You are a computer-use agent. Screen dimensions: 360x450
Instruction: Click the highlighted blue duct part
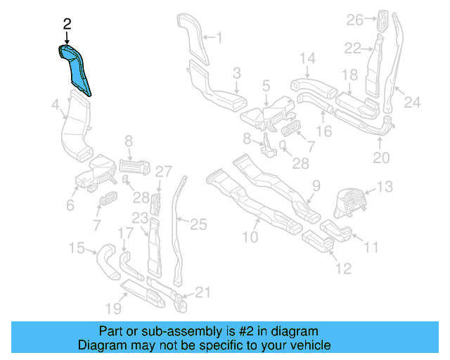point(75,69)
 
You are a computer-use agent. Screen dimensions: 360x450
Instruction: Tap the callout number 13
point(385,186)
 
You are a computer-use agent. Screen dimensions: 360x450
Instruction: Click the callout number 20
point(380,158)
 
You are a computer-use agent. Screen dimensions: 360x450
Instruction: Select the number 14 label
point(308,58)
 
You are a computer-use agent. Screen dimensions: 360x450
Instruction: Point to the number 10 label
point(250,238)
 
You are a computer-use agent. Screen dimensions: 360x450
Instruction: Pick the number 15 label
point(76,247)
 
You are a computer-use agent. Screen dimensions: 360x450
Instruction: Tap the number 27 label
point(162,171)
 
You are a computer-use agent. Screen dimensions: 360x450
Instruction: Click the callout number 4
point(55,107)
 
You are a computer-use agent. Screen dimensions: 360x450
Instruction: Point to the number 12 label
point(343,268)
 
